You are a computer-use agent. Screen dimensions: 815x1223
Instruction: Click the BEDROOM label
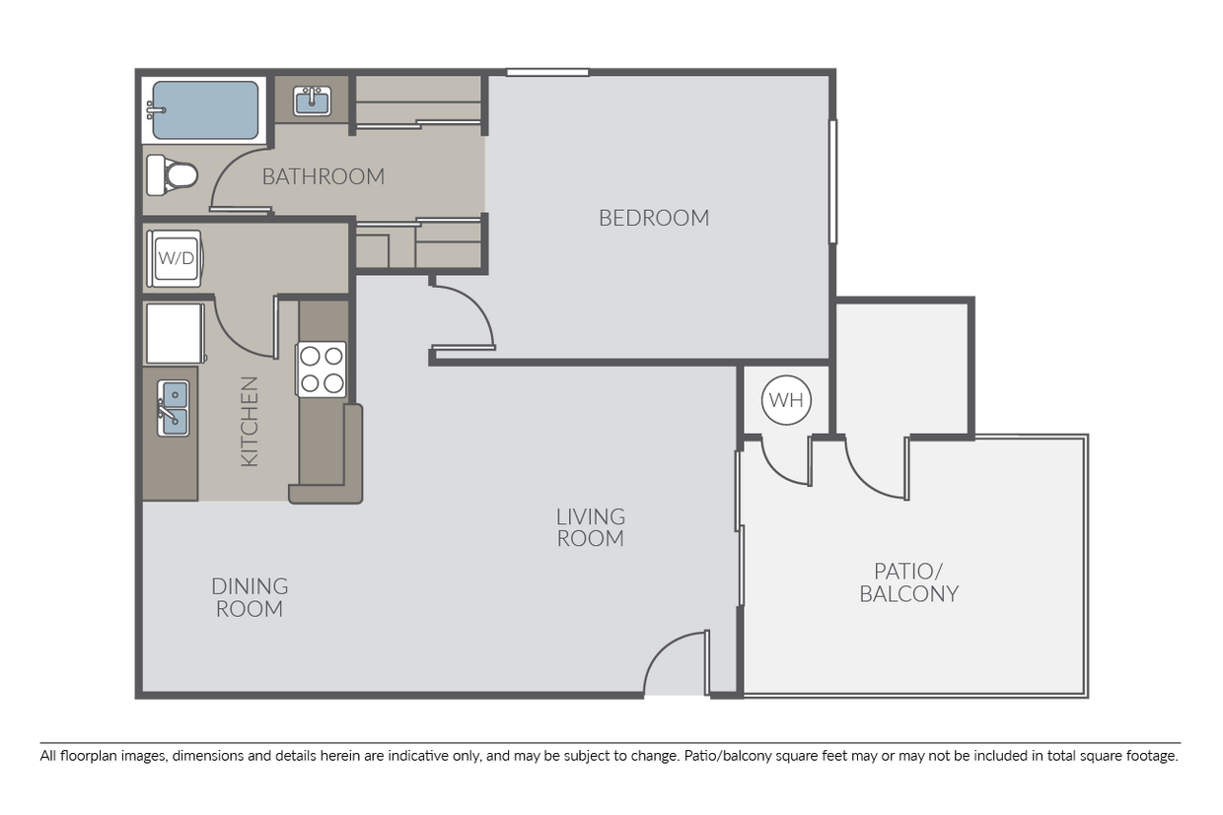(x=654, y=218)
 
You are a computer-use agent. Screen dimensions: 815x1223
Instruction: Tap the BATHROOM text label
(x=323, y=177)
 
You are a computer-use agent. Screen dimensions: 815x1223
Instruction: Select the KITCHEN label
(x=250, y=421)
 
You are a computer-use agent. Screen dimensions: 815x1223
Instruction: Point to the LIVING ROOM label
(x=590, y=527)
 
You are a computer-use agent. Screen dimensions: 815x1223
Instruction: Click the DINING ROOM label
(x=250, y=597)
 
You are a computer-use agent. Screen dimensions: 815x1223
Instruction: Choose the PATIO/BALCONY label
(x=908, y=582)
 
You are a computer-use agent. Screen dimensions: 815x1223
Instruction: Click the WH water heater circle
(x=786, y=400)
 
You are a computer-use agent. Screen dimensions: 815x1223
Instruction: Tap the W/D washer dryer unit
(x=175, y=259)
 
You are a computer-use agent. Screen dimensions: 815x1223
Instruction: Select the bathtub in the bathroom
(x=205, y=109)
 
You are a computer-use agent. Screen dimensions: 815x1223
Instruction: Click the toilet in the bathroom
(x=172, y=175)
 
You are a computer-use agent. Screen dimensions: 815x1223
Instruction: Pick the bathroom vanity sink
(x=313, y=101)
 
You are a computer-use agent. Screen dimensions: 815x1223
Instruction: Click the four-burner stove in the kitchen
(x=323, y=369)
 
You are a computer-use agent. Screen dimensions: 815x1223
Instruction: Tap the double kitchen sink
(x=173, y=408)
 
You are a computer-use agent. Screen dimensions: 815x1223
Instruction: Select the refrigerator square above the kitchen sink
(x=174, y=333)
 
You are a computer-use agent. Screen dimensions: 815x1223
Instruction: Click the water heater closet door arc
(x=784, y=464)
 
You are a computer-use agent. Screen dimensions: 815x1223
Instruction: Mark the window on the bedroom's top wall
(x=547, y=71)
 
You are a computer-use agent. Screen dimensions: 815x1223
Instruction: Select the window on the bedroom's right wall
(x=833, y=181)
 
